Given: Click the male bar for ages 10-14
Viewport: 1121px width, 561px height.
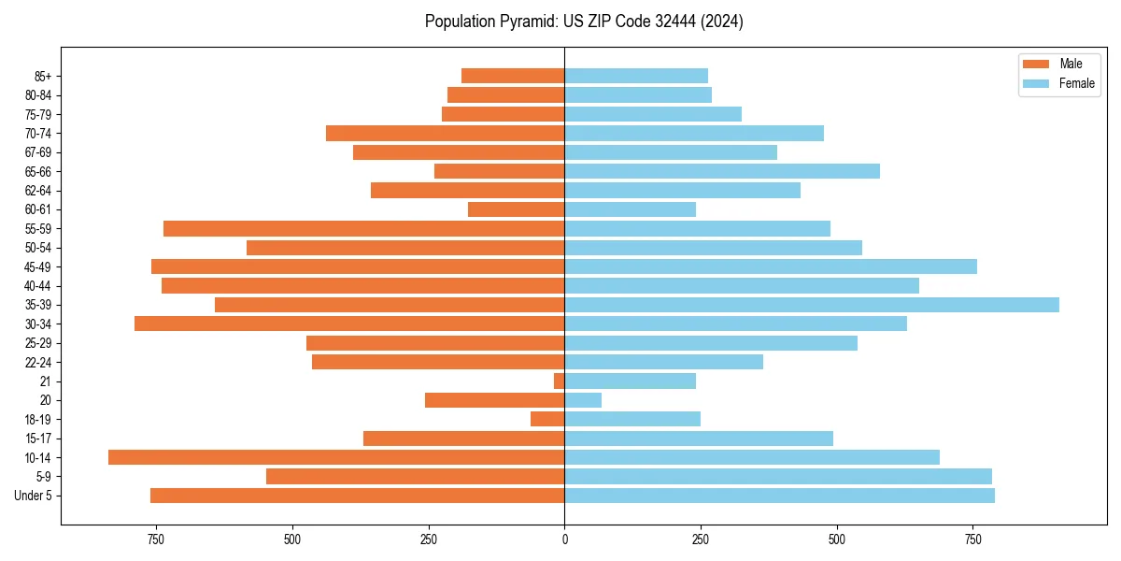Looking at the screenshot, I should [x=336, y=457].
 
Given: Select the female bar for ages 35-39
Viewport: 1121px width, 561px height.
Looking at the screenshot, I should [x=812, y=305].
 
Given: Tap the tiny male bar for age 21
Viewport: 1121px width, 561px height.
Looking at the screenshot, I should [x=559, y=381].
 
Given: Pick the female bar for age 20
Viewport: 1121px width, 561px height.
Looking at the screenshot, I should [x=583, y=400].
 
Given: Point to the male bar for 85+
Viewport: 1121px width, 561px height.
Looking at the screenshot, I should [x=513, y=76].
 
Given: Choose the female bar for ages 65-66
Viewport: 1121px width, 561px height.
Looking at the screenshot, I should [x=722, y=171].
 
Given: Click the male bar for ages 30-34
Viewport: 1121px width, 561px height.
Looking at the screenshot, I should [x=349, y=324].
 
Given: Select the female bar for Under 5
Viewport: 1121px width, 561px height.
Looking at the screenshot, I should [x=779, y=496].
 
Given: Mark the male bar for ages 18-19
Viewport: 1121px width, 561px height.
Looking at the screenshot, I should [x=547, y=419].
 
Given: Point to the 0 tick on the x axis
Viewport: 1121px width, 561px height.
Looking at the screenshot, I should [x=564, y=539].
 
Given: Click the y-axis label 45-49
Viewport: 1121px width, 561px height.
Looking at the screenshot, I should [x=38, y=266].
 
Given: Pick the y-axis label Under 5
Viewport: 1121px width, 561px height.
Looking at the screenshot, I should [x=34, y=496].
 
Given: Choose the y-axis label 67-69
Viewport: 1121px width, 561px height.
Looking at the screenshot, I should [x=38, y=152].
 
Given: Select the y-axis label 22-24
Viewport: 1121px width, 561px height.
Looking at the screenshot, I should [x=38, y=362].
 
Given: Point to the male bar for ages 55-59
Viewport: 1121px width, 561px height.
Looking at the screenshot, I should [x=364, y=228].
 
